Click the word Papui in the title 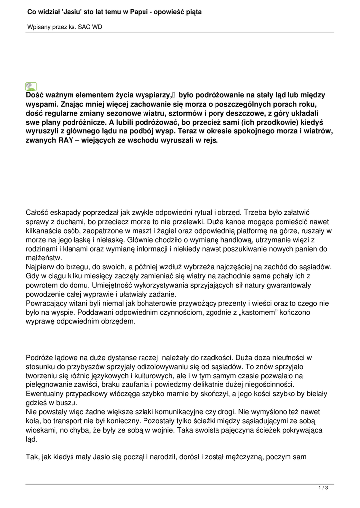click(138, 11)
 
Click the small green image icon click(31, 86)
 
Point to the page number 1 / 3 click(323, 488)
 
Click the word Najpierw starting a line click(41, 267)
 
